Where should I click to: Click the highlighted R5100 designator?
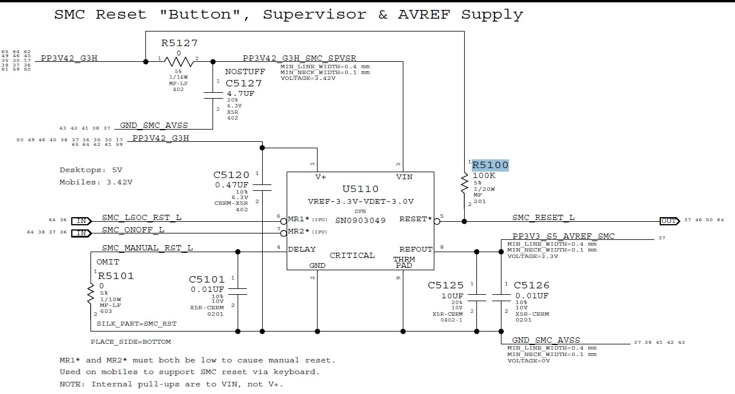490,165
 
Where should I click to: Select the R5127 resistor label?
179,43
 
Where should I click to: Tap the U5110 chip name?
360,189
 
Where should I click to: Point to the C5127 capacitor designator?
243,83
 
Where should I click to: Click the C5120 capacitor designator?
231,175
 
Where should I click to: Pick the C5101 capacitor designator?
207,279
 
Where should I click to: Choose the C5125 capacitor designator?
445,285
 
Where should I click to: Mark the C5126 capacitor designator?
531,285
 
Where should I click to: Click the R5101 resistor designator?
116,276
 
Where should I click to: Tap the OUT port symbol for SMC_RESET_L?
668,221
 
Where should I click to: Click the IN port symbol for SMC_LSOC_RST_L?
81,221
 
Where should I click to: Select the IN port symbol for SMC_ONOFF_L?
81,233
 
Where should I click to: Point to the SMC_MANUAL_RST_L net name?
147,248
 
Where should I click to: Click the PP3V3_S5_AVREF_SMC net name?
563,236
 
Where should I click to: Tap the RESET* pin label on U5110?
416,219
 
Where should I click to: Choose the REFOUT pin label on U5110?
416,249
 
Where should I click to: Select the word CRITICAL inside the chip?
352,256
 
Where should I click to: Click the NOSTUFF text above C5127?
245,72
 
